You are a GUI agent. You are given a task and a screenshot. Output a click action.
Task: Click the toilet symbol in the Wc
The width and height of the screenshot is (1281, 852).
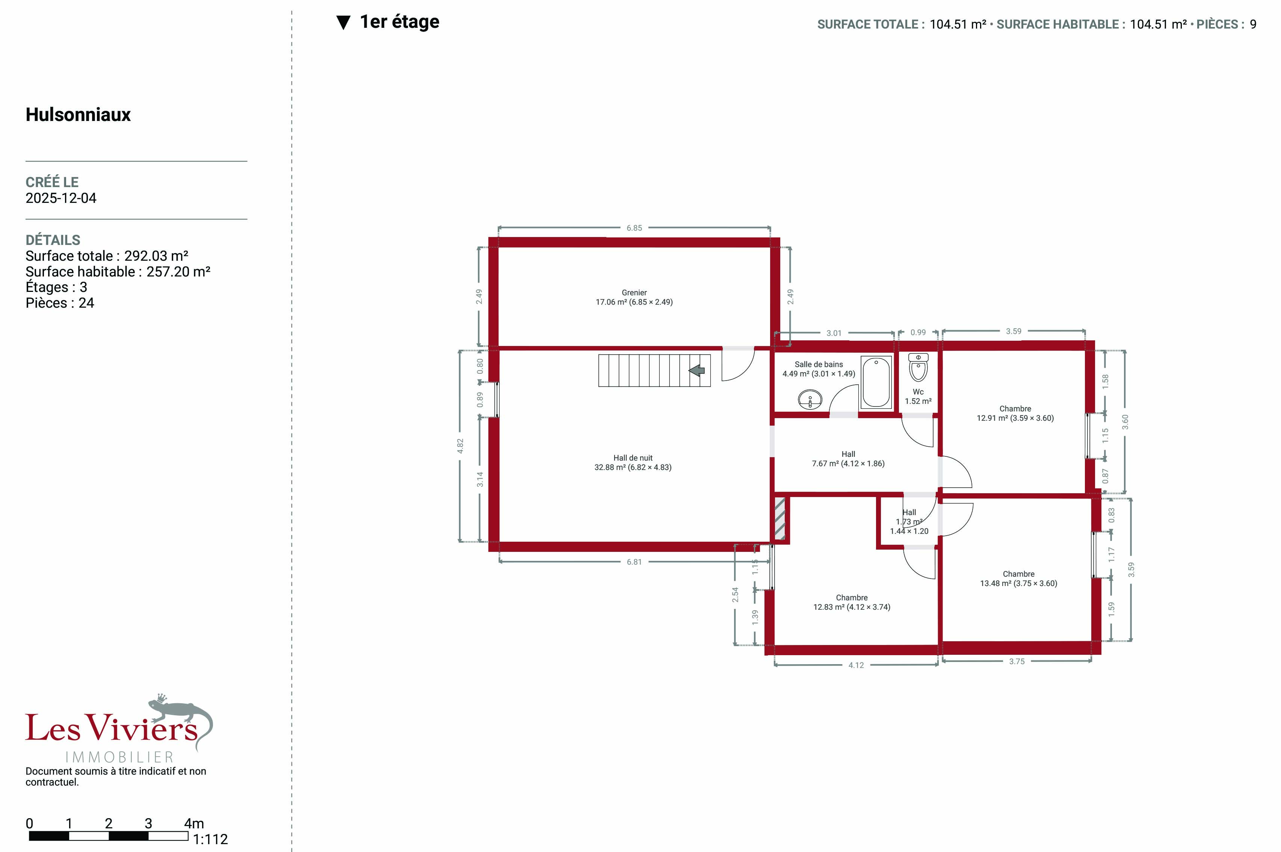coord(918,367)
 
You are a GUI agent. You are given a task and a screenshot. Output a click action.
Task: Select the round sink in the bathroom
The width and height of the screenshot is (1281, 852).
coord(810,399)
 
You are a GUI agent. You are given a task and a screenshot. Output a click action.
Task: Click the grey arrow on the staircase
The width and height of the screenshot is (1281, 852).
coord(696,370)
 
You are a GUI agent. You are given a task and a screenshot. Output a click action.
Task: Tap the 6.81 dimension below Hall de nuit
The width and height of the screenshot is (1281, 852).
coord(634,562)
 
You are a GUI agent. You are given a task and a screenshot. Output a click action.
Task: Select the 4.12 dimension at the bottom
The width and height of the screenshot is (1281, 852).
coord(856,665)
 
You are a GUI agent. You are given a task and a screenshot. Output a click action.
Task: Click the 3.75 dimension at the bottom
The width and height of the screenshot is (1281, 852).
coord(1017,661)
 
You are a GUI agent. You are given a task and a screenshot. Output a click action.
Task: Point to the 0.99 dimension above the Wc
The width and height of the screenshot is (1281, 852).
coord(918,332)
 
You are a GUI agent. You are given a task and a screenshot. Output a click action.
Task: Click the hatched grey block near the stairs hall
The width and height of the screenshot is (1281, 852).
coord(779,519)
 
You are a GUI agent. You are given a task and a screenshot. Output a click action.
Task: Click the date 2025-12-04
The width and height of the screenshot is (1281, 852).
coord(61,198)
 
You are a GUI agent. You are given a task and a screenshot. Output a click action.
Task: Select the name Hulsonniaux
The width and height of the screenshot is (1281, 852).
coord(78,115)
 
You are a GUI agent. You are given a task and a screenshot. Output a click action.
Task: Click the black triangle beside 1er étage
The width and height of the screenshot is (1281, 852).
coord(343,23)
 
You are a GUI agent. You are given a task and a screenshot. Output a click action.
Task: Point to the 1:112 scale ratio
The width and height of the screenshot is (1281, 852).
coord(210,840)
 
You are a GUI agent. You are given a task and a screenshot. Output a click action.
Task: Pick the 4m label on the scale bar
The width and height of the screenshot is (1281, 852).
coord(193,823)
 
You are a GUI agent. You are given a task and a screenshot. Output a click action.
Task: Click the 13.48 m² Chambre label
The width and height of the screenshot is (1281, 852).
coord(1019,579)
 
